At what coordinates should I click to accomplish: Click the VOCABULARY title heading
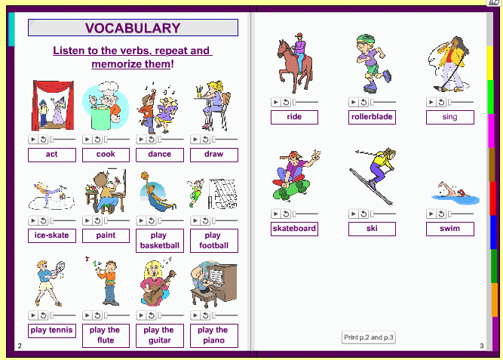coord(133,28)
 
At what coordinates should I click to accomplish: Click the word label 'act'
coord(51,155)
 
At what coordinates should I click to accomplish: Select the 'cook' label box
coord(106,155)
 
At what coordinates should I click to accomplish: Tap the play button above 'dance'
coord(141,139)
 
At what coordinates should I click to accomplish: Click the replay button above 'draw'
coord(205,139)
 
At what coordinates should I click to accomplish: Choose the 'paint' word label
coord(106,235)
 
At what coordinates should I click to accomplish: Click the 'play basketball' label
coord(159,240)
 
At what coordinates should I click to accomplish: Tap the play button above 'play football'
coord(195,220)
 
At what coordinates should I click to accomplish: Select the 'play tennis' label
coord(51,330)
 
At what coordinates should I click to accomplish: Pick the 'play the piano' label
coord(213,334)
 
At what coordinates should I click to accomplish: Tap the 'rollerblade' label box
coord(373,117)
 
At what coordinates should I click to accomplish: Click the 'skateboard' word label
coord(294,229)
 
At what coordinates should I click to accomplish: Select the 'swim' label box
coord(449,229)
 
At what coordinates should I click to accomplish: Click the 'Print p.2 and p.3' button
coord(369,337)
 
